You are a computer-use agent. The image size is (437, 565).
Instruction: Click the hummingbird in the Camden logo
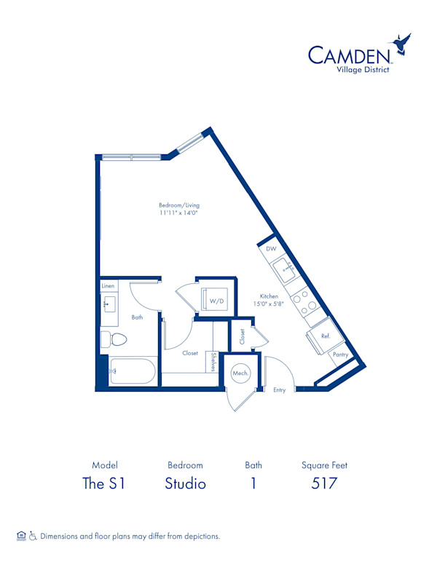click(401, 44)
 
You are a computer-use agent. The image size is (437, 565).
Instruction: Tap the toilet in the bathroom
click(114, 339)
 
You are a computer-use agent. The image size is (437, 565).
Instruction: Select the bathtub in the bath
click(133, 371)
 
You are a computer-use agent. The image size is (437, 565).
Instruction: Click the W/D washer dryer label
click(217, 301)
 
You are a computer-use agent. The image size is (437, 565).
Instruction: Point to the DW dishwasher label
click(271, 248)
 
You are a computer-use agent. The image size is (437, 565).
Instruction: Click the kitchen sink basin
click(285, 270)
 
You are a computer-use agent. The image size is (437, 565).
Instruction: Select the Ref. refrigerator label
click(326, 336)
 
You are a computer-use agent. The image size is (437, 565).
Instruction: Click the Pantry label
click(340, 355)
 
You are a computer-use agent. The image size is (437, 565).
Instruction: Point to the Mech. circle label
click(240, 373)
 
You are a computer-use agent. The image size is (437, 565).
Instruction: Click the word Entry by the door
click(280, 390)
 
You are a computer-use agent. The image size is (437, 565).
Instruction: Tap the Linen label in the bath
click(108, 285)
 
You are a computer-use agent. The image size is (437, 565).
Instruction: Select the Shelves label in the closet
click(213, 362)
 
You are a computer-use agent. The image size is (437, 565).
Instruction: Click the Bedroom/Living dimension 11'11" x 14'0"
click(179, 213)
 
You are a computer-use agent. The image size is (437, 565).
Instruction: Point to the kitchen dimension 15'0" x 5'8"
click(269, 304)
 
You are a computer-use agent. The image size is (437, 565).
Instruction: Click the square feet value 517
click(324, 483)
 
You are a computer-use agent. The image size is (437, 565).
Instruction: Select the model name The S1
click(104, 483)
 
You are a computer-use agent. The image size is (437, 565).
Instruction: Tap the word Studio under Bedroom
click(185, 483)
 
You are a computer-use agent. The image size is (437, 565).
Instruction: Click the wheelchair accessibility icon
click(33, 536)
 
